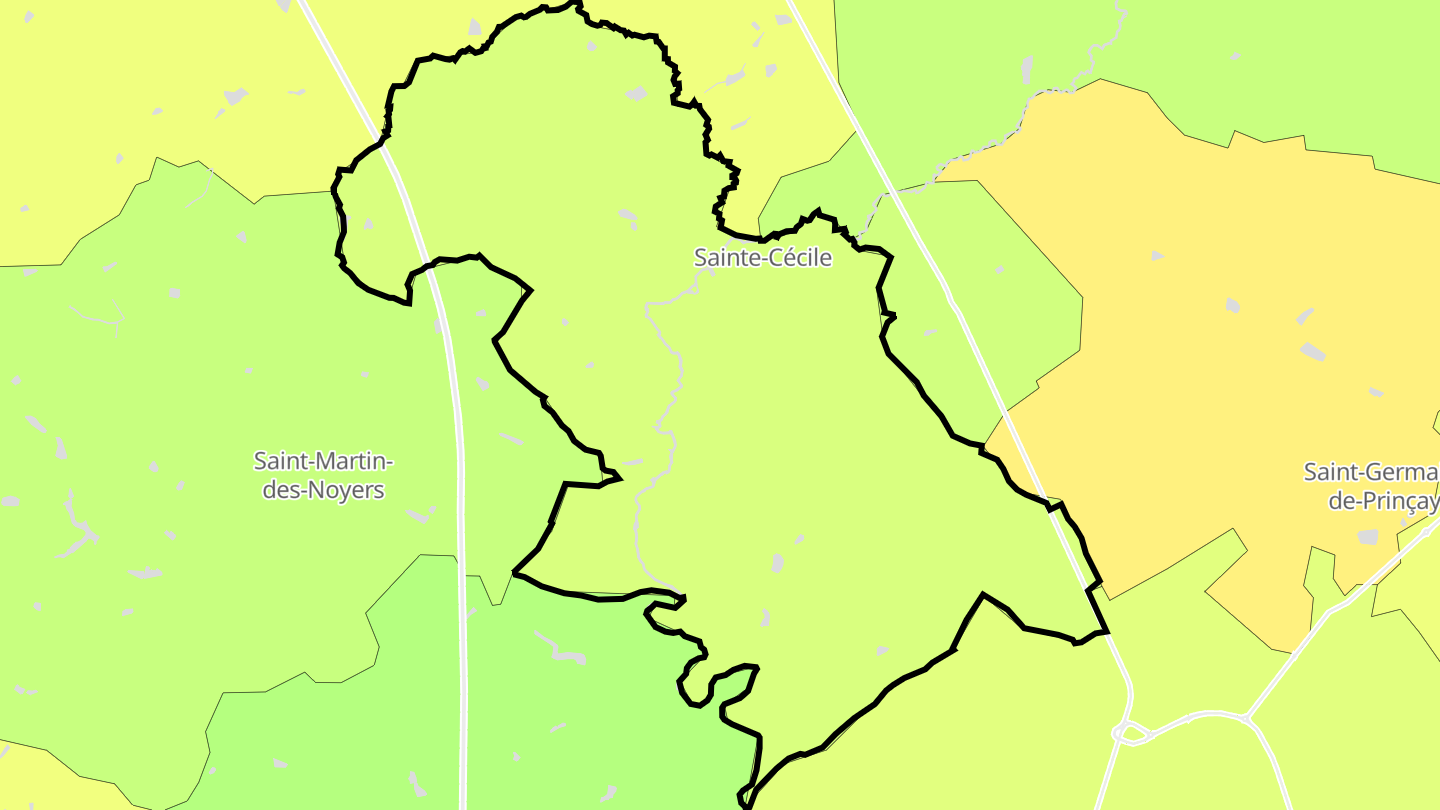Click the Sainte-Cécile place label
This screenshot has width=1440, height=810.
pyautogui.click(x=763, y=257)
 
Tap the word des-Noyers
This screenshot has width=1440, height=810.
pyautogui.click(x=323, y=491)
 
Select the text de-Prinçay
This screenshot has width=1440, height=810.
pyautogui.click(x=1383, y=501)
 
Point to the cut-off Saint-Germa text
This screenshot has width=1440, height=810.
pyautogui.click(x=1371, y=471)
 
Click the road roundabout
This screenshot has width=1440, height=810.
pyautogui.click(x=1129, y=733)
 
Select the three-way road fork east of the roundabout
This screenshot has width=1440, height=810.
pyautogui.click(x=1247, y=717)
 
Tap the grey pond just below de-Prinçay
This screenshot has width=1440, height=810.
pyautogui.click(x=1367, y=537)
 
